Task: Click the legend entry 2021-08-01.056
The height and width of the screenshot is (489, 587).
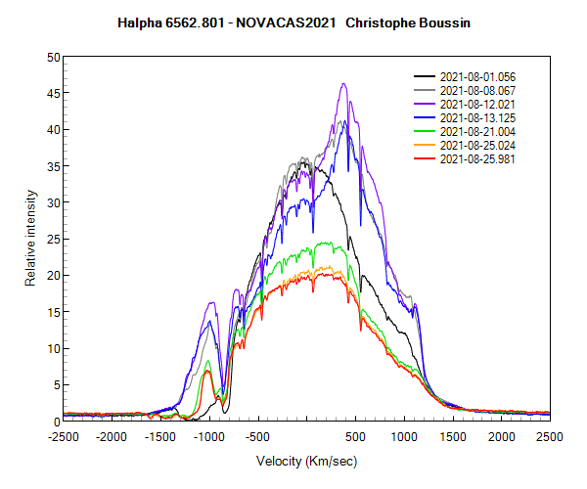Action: coord(473,76)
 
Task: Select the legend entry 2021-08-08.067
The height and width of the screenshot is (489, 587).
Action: coord(473,90)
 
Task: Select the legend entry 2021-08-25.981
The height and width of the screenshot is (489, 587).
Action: coord(473,158)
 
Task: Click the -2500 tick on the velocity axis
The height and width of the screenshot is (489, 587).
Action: coord(64,436)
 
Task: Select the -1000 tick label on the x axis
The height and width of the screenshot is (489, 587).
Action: coord(209,436)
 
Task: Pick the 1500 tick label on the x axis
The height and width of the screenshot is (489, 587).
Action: coord(453,436)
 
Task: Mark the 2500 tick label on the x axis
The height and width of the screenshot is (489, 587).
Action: coord(549,436)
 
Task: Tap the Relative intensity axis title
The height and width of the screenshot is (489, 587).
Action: coord(31,239)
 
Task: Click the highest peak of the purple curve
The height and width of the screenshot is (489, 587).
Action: coord(344,84)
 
